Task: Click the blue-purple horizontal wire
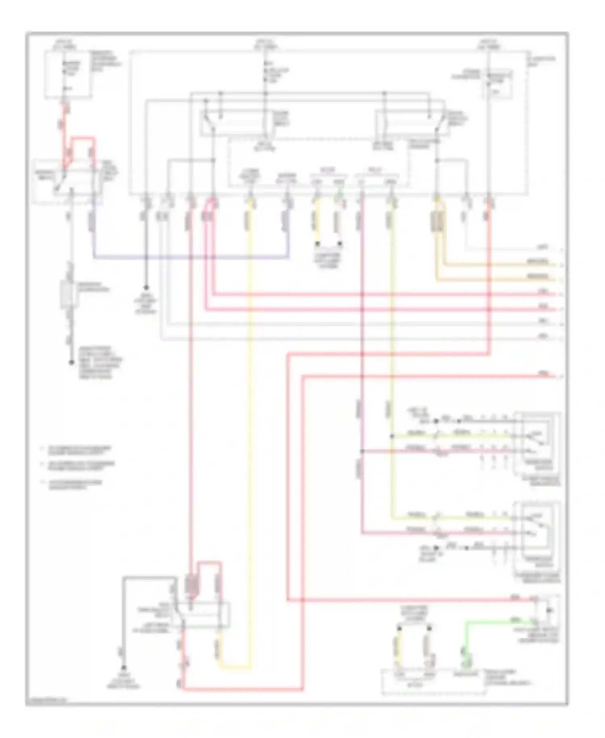pos(190,257)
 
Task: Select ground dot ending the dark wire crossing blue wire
pos(146,288)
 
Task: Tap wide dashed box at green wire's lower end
pos(434,682)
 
